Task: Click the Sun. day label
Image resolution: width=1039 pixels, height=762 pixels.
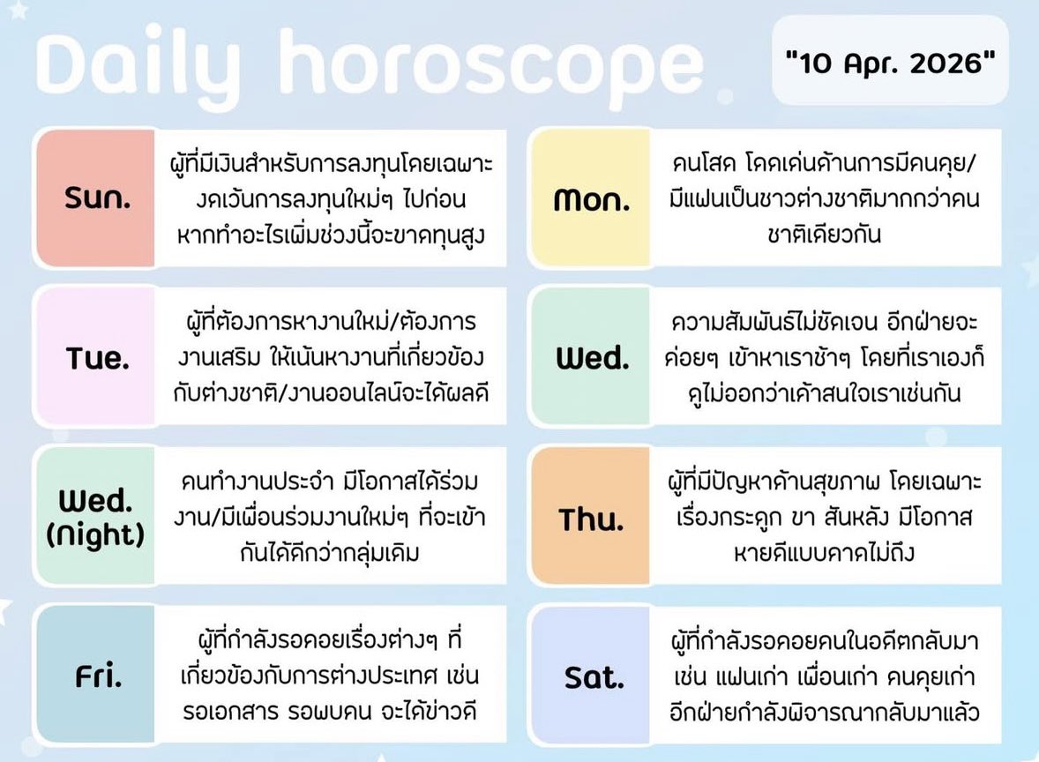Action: point(97,198)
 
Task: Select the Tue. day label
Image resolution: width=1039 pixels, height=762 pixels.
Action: point(97,357)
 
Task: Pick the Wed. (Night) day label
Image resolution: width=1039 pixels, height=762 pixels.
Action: point(97,516)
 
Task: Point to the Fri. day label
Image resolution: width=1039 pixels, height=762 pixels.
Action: point(97,676)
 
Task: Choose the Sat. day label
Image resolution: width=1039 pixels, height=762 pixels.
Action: point(593,676)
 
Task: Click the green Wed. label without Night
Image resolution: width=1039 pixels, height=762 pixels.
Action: point(592,358)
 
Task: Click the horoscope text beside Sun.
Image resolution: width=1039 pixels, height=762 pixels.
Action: point(331,198)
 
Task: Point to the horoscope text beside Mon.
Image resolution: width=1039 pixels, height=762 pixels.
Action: point(825,198)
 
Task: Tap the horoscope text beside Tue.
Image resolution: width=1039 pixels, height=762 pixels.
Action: point(331,357)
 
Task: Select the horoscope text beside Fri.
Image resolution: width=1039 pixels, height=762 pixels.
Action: point(331,675)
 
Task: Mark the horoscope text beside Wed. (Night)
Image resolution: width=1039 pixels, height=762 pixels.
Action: point(331,516)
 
